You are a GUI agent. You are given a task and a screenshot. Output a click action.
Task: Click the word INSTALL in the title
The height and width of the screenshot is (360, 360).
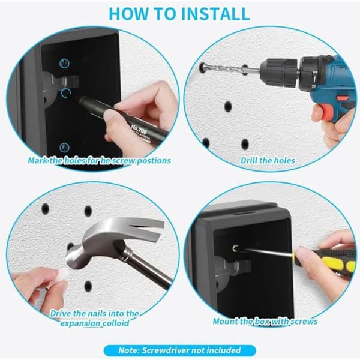click(x=215, y=14)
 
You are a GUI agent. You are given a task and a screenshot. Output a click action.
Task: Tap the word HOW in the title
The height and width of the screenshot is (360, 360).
click(x=128, y=14)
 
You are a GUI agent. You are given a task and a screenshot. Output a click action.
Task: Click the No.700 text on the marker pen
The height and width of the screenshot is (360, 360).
click(x=139, y=130)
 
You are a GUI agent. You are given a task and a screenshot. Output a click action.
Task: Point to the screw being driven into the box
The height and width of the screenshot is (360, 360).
click(x=235, y=248)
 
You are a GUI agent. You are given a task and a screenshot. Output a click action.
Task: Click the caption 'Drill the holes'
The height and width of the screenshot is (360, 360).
click(x=268, y=160)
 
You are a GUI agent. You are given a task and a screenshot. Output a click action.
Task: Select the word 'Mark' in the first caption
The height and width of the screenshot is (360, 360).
click(x=38, y=160)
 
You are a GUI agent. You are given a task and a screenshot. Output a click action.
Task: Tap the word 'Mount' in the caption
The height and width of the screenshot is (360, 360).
click(x=225, y=321)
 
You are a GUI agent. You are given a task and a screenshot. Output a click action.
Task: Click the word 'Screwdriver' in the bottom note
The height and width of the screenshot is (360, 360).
click(x=166, y=350)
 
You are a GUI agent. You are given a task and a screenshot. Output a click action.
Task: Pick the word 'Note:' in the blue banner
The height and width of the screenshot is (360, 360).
click(x=129, y=350)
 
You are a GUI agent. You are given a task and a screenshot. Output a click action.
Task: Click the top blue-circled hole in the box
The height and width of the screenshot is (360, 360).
click(x=65, y=63)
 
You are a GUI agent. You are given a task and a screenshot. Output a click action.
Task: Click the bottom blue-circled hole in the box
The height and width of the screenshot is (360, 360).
click(x=65, y=148)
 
